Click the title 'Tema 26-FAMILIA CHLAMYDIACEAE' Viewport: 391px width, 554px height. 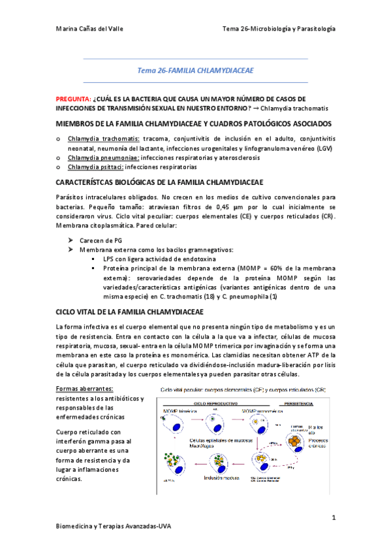point(195,70)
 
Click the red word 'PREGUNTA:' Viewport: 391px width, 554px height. point(73,98)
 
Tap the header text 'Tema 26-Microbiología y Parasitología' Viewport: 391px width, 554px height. point(279,29)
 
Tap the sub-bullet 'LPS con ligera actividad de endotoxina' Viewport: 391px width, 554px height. point(153,259)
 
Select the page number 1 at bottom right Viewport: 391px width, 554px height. point(333,517)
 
